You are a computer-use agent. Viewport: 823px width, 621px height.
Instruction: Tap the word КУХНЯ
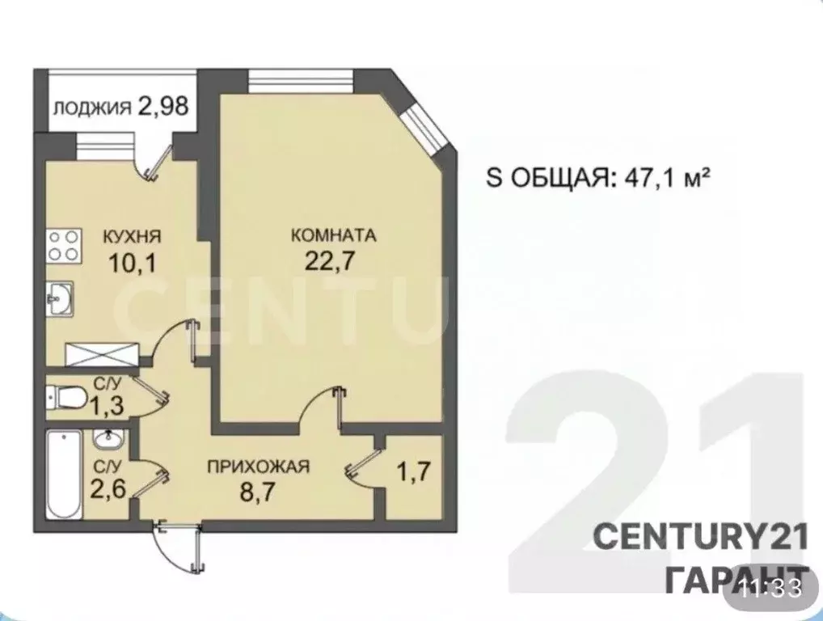(131, 237)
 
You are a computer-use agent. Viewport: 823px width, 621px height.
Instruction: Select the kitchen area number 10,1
(131, 264)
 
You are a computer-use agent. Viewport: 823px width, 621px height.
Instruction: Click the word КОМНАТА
(334, 237)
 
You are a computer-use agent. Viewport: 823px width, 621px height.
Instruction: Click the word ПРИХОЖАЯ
(259, 466)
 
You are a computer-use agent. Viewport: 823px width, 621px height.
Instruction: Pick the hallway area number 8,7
(259, 490)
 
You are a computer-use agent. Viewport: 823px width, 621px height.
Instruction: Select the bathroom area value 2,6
(108, 490)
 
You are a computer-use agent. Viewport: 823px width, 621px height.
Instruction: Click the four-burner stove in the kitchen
(64, 245)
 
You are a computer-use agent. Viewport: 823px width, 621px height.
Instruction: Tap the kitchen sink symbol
(59, 298)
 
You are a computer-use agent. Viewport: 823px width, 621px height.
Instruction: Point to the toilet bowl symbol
(66, 397)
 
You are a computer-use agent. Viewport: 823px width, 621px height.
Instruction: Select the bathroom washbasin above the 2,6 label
(108, 439)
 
